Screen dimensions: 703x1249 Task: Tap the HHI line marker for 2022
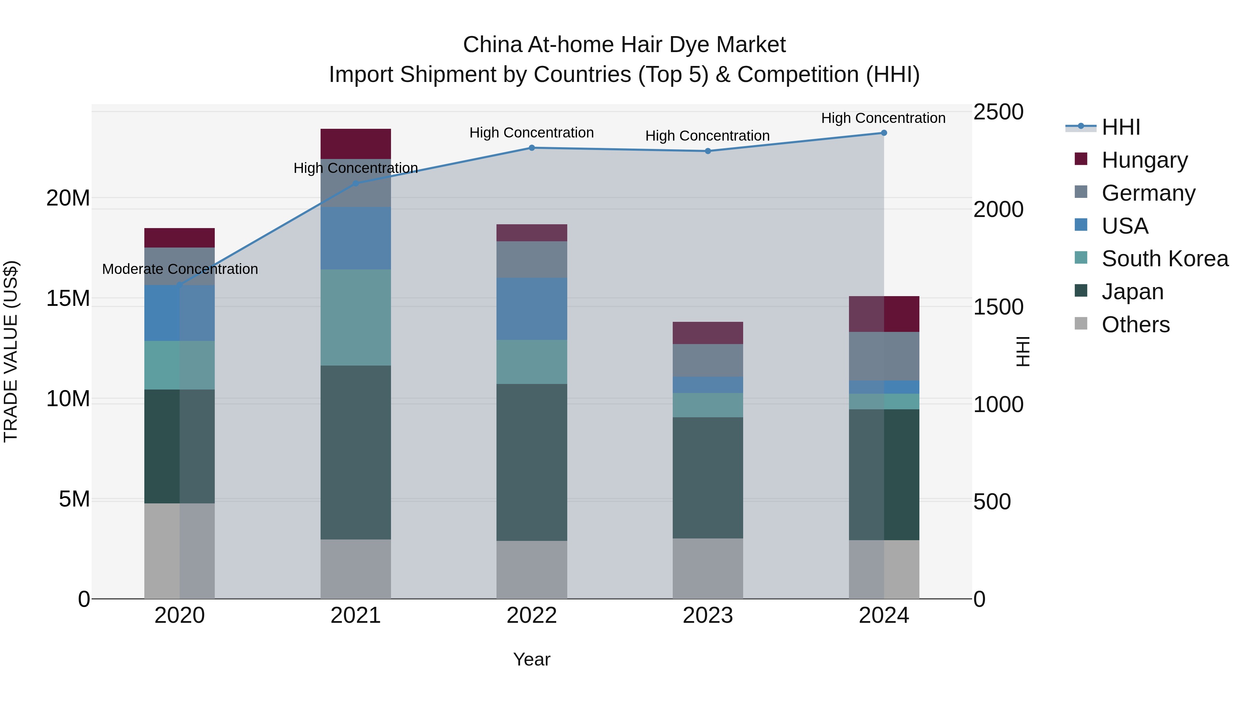[x=532, y=148]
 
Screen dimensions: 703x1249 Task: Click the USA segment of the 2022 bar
[x=532, y=309]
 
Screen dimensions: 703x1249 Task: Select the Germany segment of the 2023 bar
[x=707, y=360]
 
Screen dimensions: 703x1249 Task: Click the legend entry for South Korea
[x=1165, y=259]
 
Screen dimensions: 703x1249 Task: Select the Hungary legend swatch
[x=1081, y=159]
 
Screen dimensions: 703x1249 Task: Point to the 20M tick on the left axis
[x=68, y=198]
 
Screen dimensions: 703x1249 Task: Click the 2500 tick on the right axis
[x=998, y=112]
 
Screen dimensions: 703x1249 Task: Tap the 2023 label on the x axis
[x=707, y=616]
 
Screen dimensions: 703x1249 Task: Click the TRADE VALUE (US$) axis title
[x=11, y=351]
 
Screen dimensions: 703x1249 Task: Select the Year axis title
[x=532, y=659]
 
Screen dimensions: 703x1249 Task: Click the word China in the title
[x=492, y=45]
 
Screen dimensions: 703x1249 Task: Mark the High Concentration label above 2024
[x=883, y=118]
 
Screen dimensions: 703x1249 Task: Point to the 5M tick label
[x=74, y=499]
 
